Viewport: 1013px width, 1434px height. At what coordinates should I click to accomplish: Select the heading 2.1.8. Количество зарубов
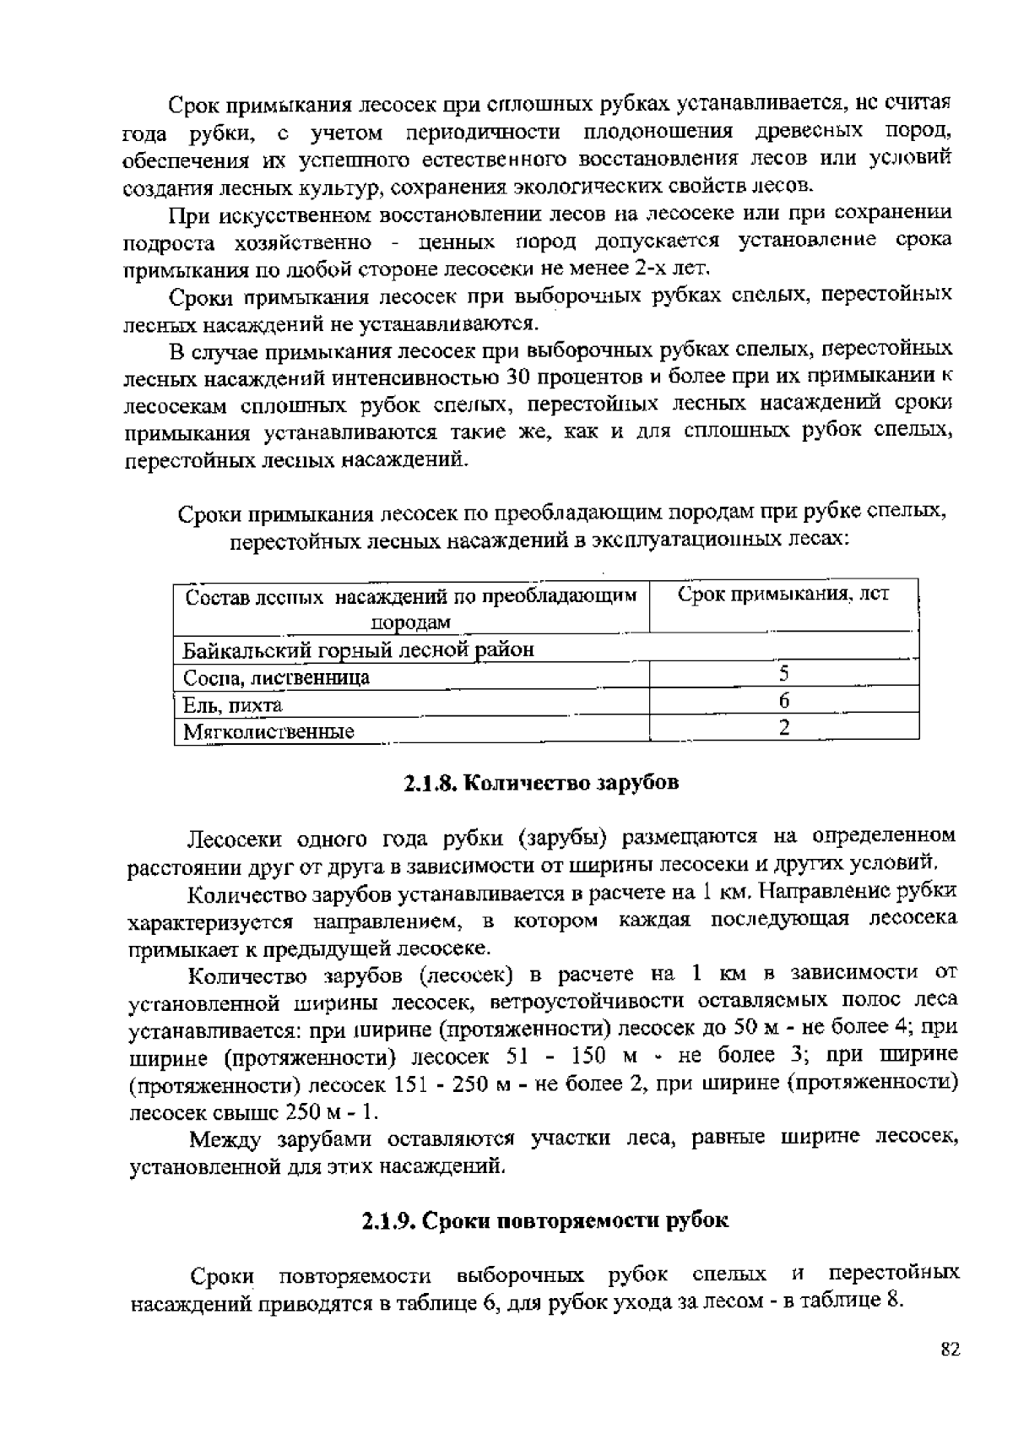pos(540,783)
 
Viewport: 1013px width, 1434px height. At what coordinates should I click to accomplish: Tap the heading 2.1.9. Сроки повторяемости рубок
pos(545,1221)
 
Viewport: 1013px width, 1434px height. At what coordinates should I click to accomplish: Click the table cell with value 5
pos(783,674)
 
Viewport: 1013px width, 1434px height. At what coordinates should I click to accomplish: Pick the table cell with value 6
pos(783,701)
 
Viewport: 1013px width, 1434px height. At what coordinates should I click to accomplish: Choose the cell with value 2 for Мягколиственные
pos(783,728)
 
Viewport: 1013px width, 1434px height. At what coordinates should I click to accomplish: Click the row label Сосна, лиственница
pos(277,677)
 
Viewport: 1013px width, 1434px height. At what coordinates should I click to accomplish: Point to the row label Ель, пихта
pos(233,704)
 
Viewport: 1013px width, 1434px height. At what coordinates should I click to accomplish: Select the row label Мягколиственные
pos(268,731)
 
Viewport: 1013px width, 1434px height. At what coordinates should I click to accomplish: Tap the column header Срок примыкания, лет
pos(783,595)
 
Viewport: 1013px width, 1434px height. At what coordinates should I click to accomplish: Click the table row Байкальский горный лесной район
pos(359,650)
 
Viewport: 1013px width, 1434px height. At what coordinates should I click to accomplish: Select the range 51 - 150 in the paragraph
pos(551,1056)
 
